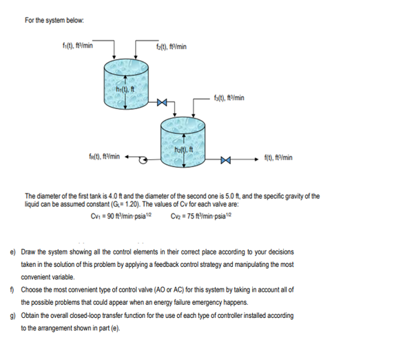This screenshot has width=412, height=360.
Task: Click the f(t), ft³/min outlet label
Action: coord(278,157)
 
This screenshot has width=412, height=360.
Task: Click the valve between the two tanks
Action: coord(161,103)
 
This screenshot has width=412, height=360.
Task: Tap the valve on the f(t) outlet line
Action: coord(225,163)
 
